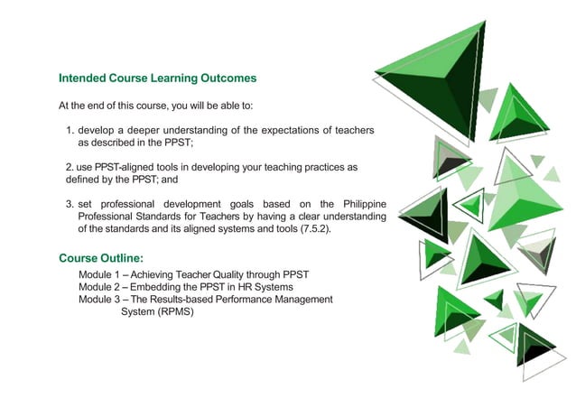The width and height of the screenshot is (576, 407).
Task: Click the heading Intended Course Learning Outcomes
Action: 157,79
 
